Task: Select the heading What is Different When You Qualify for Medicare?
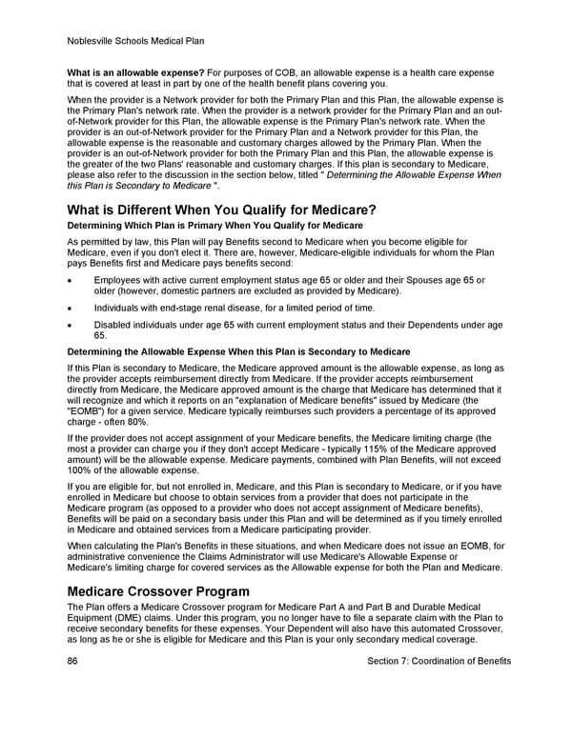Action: tap(222, 210)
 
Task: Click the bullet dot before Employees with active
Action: tap(71, 280)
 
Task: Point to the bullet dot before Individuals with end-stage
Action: tap(71, 308)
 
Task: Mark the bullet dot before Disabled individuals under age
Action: tap(71, 326)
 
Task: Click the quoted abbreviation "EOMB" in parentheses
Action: tap(88, 413)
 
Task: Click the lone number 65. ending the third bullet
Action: tap(100, 335)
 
